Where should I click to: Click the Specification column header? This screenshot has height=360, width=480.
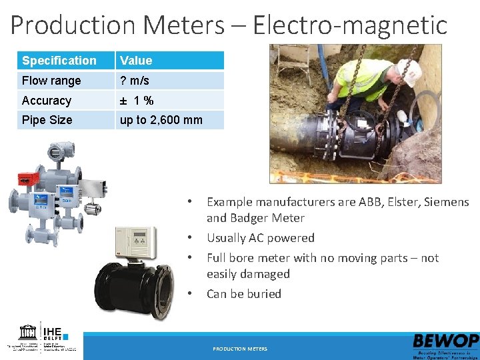click(59, 61)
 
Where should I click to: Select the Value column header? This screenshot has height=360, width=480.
click(136, 61)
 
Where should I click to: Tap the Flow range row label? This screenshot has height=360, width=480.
click(51, 81)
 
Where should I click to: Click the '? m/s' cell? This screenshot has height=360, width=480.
click(134, 81)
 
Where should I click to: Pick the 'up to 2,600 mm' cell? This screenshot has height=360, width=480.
click(161, 120)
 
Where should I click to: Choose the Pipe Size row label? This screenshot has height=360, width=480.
click(47, 120)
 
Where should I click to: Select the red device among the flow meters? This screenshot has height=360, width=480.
click(27, 178)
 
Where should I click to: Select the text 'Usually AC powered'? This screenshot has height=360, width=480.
click(260, 238)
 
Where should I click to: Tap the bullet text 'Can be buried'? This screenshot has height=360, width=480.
click(243, 294)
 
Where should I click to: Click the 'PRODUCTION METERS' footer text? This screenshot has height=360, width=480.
click(240, 349)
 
